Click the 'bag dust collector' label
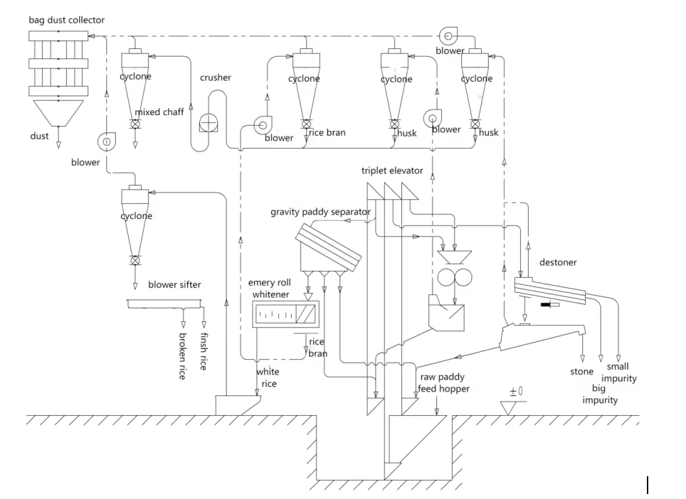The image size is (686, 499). (66, 20)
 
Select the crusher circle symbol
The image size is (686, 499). (209, 122)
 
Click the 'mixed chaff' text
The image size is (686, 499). (159, 112)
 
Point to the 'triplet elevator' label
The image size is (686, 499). (391, 171)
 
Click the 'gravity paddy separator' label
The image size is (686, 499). (320, 212)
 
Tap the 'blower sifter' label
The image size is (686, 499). (174, 285)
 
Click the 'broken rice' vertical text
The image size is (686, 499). (183, 355)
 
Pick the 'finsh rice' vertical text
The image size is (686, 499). (204, 352)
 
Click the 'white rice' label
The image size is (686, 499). (268, 377)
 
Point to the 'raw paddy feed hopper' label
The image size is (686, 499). (445, 383)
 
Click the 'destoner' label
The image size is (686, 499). (558, 262)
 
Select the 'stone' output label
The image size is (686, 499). (581, 371)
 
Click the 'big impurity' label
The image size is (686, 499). (600, 395)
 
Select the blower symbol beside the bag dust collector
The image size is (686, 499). (106, 142)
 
